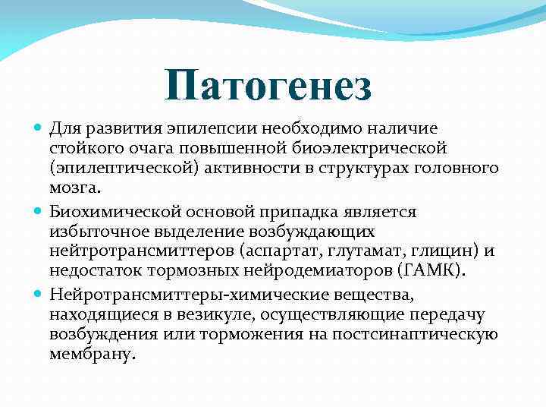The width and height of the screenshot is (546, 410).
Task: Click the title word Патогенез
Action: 269,85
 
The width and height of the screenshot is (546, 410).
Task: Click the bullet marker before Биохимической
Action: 39,210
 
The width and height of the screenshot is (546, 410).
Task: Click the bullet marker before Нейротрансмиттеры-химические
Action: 39,293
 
